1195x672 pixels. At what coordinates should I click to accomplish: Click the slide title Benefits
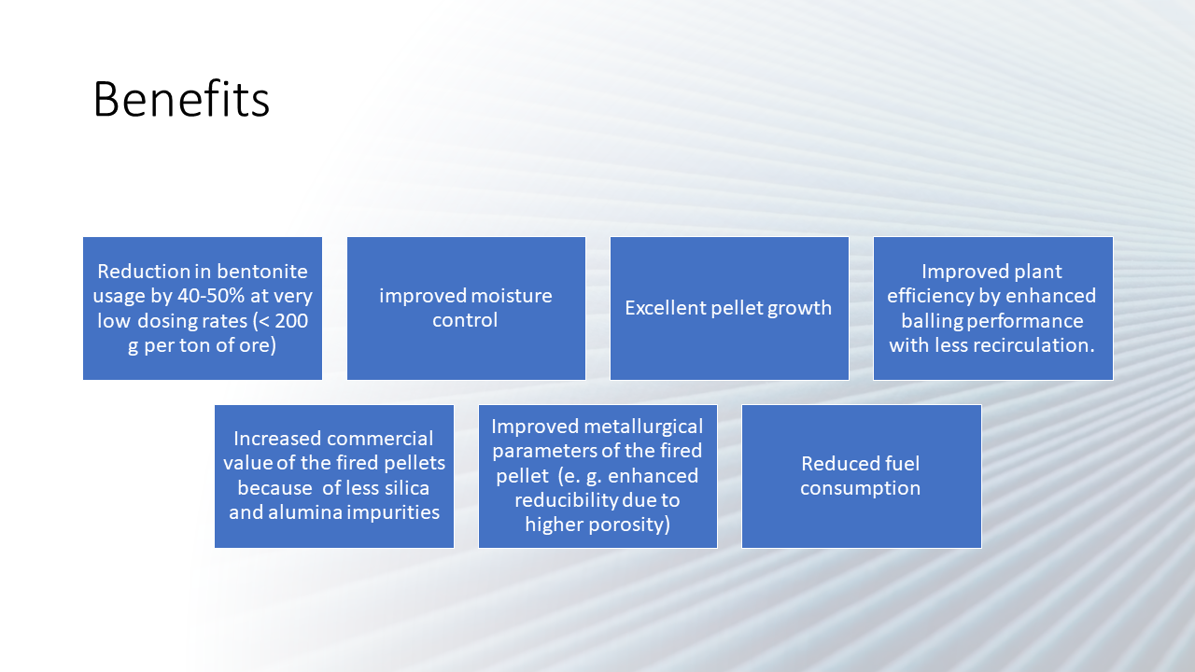181,99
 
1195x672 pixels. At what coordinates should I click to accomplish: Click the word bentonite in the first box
262,272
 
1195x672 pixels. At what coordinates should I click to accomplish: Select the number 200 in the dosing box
291,321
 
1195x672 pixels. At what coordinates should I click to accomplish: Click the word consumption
860,489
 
